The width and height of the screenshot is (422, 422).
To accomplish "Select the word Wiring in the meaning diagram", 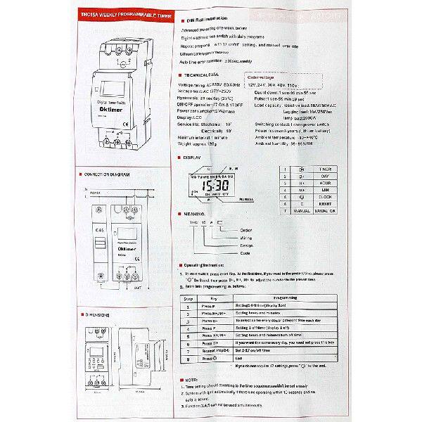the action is click(245, 238).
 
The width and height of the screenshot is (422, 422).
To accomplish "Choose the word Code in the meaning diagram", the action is click(245, 252).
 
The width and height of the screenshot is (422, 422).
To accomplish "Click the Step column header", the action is click(188, 298).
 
